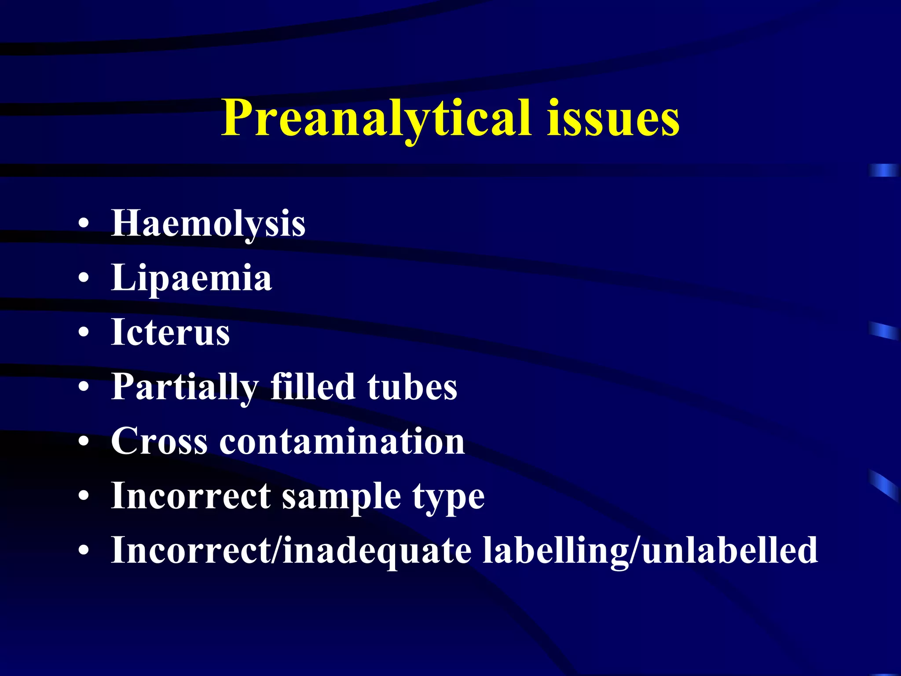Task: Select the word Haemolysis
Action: pos(208,224)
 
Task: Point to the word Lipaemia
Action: pos(191,278)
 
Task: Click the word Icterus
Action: pos(170,332)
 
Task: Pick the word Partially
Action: pos(185,387)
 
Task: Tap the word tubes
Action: pos(412,387)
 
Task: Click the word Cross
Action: pos(159,441)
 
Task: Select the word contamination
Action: pos(342,441)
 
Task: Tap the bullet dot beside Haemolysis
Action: pos(83,224)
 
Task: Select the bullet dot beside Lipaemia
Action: pos(83,279)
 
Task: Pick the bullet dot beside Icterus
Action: pos(83,333)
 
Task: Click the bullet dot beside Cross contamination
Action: pos(83,442)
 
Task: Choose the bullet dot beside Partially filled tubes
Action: pos(83,387)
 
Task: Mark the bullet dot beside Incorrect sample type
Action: pos(83,496)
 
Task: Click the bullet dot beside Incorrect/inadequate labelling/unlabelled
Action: pos(83,551)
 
